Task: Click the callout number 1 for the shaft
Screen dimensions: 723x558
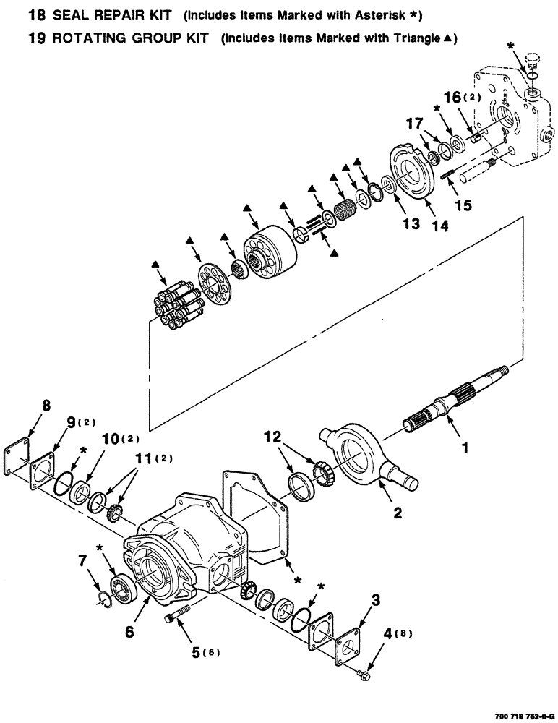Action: pos(465,448)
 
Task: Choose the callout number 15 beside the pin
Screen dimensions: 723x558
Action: pos(463,205)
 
